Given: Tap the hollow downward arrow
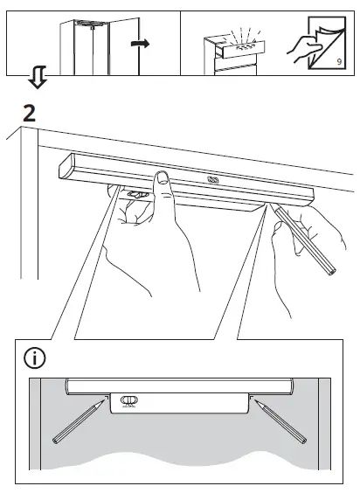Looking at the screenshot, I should coord(36,80).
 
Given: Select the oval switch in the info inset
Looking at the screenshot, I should coord(128,402).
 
